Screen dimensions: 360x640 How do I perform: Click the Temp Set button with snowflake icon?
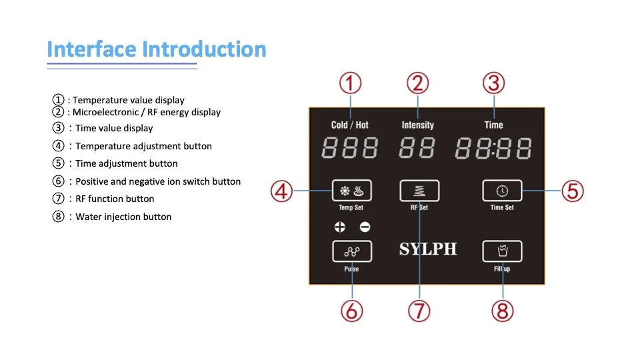(352, 191)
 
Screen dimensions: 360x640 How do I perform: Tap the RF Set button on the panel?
(419, 191)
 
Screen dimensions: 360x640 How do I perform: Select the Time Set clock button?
(502, 191)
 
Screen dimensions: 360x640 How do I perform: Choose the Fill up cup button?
(502, 251)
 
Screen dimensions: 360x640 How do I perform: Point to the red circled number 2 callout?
(418, 83)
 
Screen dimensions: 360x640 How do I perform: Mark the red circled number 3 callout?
(493, 83)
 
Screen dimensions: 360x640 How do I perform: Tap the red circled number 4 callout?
(281, 191)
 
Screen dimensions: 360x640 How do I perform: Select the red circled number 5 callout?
(572, 191)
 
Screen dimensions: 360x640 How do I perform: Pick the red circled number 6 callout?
(351, 311)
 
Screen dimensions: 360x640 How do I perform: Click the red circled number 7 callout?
(419, 311)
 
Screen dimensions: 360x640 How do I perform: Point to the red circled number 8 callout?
(503, 311)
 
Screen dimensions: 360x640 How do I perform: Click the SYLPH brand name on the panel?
(428, 249)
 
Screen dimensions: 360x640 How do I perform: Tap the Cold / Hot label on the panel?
(350, 125)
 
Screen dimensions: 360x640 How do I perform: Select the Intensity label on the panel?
(418, 125)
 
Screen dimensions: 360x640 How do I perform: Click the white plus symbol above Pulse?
(340, 227)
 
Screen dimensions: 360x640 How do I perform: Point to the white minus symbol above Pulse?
(365, 227)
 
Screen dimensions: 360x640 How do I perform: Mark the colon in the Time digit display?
(493, 148)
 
